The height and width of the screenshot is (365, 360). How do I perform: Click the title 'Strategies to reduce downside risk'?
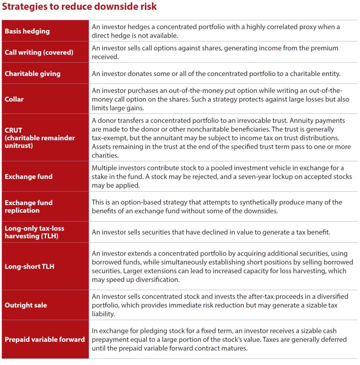(x=79, y=7)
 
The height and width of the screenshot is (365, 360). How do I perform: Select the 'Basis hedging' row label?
(x=27, y=31)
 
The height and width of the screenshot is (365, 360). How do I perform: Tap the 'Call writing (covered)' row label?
(x=39, y=52)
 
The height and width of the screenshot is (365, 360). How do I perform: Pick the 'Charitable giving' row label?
(x=32, y=74)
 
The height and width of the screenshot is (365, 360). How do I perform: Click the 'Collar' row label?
(x=14, y=99)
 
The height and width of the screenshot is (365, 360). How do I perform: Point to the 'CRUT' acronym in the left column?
(x=14, y=130)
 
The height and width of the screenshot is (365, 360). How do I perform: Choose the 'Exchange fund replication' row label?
(x=29, y=207)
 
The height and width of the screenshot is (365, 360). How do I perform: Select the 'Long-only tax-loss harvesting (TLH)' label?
(x=34, y=232)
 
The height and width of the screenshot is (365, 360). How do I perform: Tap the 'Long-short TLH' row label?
(x=29, y=267)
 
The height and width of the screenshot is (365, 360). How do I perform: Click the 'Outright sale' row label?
(x=26, y=305)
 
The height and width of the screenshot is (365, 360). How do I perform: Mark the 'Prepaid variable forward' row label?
(x=45, y=339)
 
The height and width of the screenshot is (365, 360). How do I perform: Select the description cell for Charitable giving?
(x=216, y=74)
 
